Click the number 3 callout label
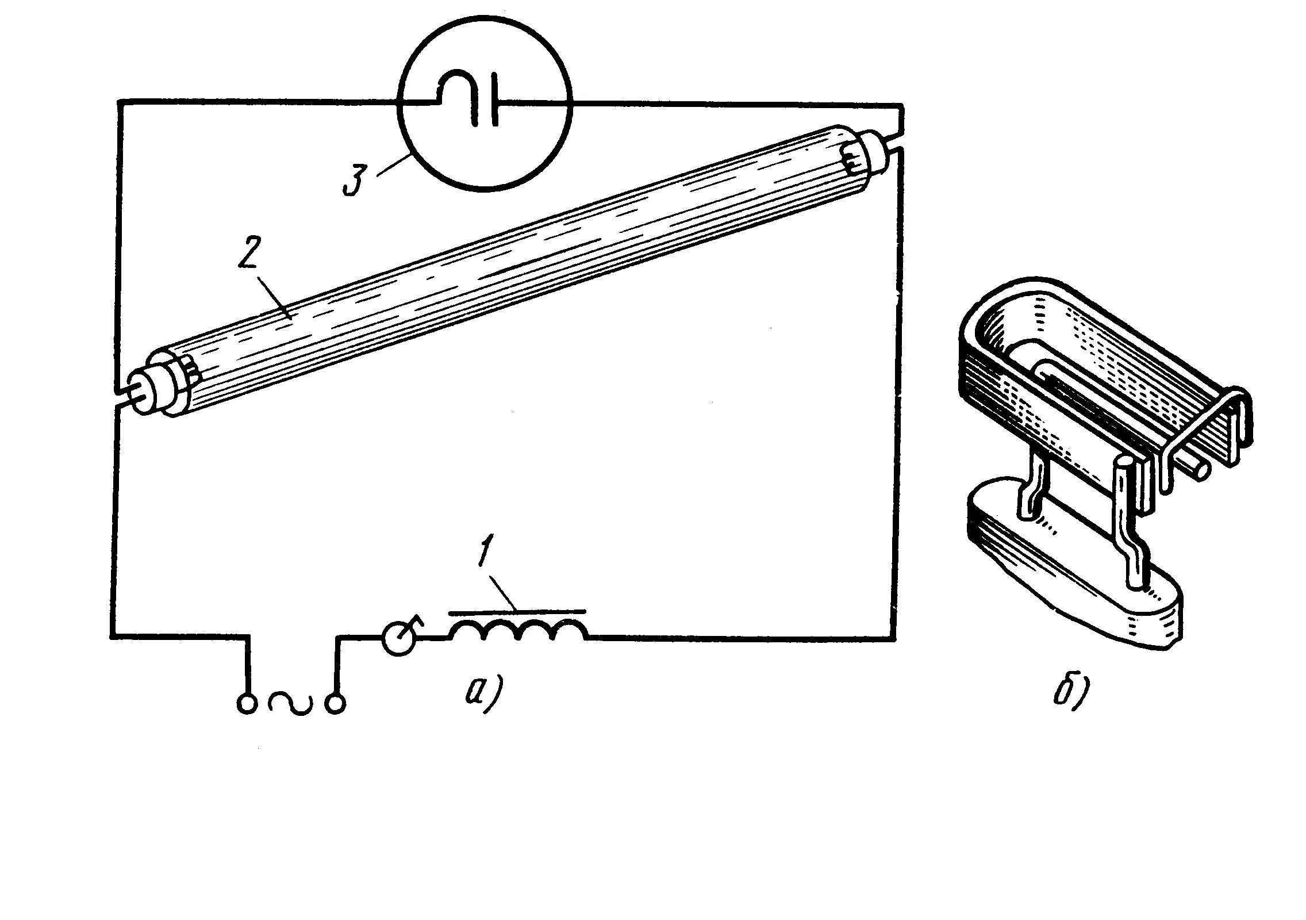(354, 181)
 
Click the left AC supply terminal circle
(247, 704)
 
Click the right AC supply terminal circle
(336, 704)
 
